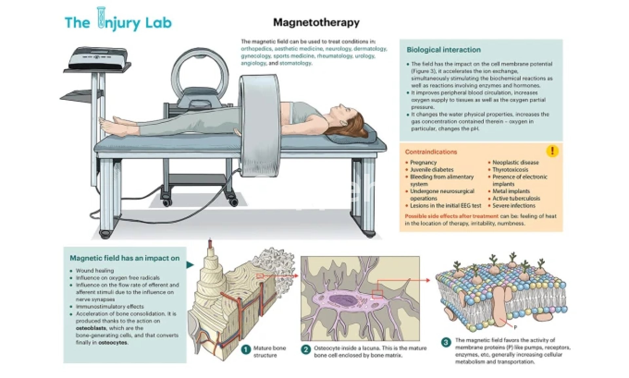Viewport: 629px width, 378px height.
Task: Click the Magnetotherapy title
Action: coord(316,22)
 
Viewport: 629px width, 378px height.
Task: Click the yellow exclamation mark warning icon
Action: coord(552,151)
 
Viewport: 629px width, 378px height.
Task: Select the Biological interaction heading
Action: coord(444,50)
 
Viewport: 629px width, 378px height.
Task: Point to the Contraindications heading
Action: coord(431,152)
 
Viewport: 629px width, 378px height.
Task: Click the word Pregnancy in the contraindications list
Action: coord(423,162)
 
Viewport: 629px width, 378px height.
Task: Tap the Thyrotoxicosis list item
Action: coord(510,170)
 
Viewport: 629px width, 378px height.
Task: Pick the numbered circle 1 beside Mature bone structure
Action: coord(246,350)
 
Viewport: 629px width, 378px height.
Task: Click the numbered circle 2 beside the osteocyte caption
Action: coord(306,349)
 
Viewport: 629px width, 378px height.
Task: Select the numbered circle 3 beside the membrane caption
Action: coord(446,342)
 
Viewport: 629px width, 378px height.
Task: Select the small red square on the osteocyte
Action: coord(377,294)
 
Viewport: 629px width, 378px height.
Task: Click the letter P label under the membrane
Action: coord(515,327)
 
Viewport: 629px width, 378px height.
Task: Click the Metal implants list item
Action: coord(511,191)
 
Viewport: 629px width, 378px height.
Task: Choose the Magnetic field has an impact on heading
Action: coord(124,258)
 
